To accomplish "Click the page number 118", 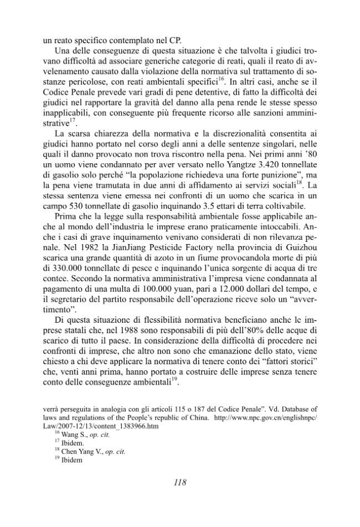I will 179,482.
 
